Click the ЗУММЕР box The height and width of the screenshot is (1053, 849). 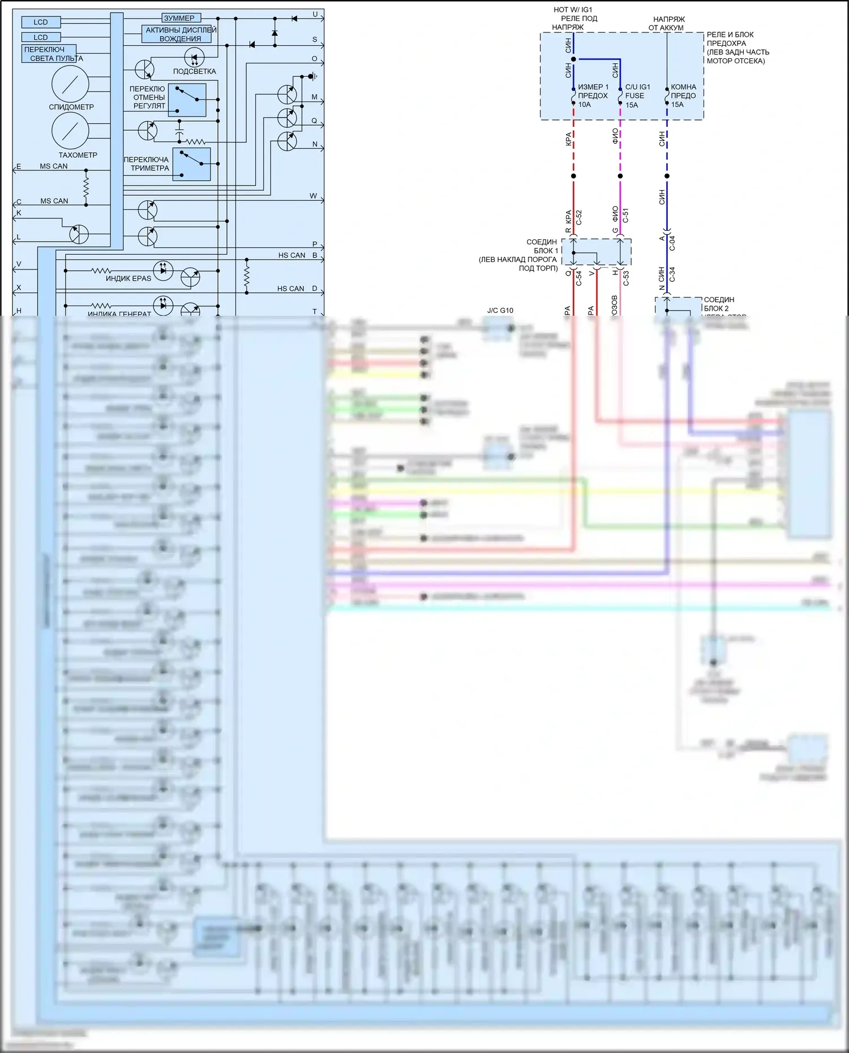click(x=181, y=18)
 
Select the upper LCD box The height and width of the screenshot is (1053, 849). click(x=41, y=22)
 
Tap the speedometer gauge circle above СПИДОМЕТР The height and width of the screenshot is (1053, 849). click(x=70, y=84)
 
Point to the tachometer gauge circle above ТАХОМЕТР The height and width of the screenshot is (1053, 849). click(x=70, y=131)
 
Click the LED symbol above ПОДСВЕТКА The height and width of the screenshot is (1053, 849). click(x=194, y=57)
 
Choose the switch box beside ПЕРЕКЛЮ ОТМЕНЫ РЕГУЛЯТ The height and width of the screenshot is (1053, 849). click(x=187, y=100)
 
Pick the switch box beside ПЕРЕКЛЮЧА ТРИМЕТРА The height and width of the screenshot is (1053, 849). click(x=191, y=164)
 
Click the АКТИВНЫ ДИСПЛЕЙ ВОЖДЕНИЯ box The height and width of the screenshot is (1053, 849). click(x=177, y=34)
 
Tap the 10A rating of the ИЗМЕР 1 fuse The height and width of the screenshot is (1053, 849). click(x=584, y=105)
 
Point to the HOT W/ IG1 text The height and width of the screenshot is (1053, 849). click(x=573, y=10)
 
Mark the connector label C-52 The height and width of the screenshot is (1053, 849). click(x=579, y=217)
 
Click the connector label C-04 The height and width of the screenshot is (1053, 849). click(x=672, y=243)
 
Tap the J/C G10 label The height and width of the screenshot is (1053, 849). click(x=500, y=310)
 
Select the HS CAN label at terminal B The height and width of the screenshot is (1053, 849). click(x=291, y=255)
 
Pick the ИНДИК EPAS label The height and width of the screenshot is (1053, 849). click(x=128, y=278)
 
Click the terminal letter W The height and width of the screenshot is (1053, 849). click(x=313, y=196)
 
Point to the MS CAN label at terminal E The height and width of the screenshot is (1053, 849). click(x=54, y=166)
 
